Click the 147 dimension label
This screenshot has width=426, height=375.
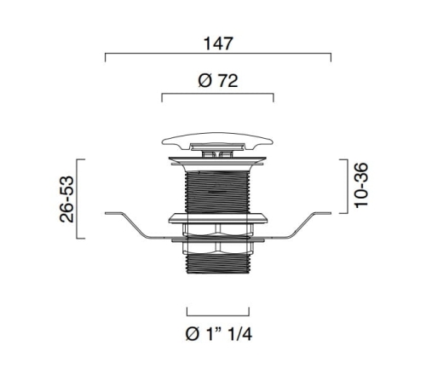click(218, 43)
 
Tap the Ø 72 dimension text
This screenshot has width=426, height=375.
click(218, 81)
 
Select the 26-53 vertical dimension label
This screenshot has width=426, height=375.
click(66, 199)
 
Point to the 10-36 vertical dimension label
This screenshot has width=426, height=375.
click(361, 185)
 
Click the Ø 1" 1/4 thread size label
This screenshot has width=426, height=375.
click(218, 334)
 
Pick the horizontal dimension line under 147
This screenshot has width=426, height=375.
click(218, 53)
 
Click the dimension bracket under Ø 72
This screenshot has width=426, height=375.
click(217, 94)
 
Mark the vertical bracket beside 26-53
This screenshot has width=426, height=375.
click(77, 199)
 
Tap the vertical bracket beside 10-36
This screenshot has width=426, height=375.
click(348, 187)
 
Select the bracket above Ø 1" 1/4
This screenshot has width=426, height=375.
click(218, 315)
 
